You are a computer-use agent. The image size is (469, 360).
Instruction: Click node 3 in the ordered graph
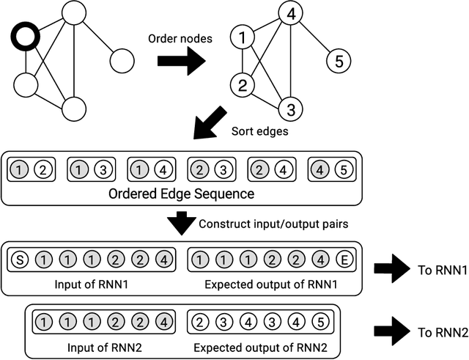290,110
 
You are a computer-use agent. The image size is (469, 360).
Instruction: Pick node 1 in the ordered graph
242,37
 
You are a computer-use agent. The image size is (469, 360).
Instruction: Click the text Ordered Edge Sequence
181,194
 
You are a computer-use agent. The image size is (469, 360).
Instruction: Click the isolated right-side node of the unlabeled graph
122,59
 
